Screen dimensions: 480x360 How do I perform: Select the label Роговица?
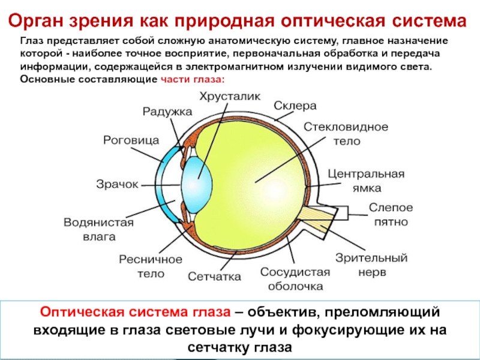[131, 140]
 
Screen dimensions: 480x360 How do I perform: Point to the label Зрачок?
[117, 184]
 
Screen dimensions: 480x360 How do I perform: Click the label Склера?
[295, 106]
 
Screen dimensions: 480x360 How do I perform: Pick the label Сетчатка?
[214, 277]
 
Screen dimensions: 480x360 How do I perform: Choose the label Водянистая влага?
[98, 229]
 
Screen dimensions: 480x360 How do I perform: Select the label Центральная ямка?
[365, 181]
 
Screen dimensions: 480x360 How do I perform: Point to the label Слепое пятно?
[391, 214]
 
